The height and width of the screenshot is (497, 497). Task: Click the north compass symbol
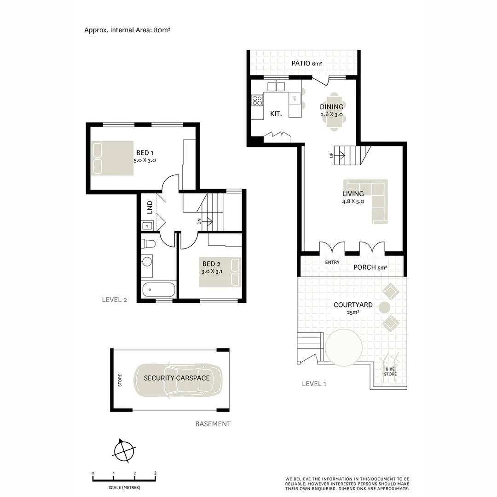coord(124,451)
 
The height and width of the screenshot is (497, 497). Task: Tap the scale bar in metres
coord(124,479)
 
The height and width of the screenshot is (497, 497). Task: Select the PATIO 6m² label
coord(306,64)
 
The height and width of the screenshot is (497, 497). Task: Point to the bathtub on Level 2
coord(158,290)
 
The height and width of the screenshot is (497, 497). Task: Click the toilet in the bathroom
coord(149,243)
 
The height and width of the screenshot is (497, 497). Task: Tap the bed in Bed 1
coord(112,158)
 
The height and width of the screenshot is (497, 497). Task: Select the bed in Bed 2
coord(220,272)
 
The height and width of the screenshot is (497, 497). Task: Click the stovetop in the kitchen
coord(257,100)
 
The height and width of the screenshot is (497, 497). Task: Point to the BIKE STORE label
coord(390,371)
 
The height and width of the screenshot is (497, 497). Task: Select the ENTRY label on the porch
coord(332,262)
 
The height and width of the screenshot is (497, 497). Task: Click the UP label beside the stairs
coord(331,156)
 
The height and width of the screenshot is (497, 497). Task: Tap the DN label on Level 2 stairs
coord(199,221)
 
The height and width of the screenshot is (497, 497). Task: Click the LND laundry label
coord(150,208)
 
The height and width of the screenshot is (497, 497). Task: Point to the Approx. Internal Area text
coord(127,30)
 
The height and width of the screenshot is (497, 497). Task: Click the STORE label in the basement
coord(120,380)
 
